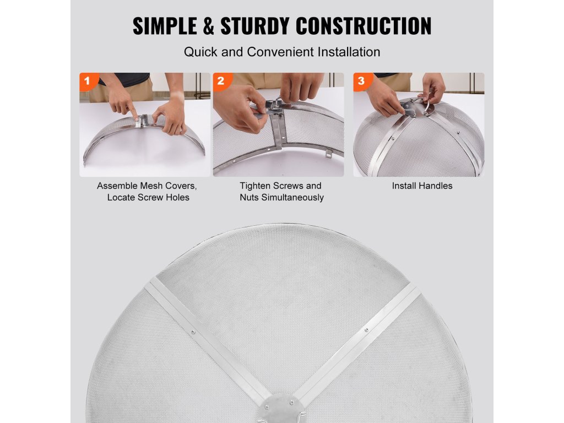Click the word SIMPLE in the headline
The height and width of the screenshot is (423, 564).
tap(165, 26)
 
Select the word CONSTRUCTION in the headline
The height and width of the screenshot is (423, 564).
tap(364, 26)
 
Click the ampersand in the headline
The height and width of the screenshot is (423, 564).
tap(209, 26)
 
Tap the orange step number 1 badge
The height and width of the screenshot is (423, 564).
tap(88, 81)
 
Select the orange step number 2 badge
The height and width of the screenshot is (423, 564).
tap(221, 81)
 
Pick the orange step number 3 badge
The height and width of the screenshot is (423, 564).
tap(362, 81)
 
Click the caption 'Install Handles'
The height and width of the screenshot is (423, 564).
tap(422, 186)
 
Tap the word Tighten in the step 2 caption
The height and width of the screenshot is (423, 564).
tap(255, 186)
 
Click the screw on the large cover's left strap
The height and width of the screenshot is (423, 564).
tap(193, 332)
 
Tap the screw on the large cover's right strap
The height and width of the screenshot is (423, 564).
tap(366, 330)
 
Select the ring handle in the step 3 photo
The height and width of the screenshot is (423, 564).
tap(429, 107)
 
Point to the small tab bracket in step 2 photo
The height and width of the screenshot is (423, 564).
tap(328, 154)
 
